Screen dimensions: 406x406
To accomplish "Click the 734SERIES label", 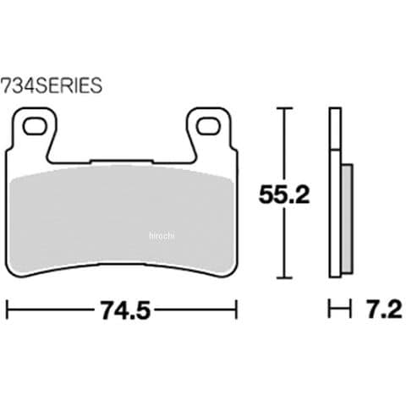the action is pyautogui.click(x=52, y=85).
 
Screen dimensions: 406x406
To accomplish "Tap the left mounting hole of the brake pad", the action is pyautogui.click(x=35, y=126).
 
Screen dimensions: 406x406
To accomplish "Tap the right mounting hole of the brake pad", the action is pyautogui.click(x=208, y=126).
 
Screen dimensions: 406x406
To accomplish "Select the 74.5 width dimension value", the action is pyautogui.click(x=125, y=310).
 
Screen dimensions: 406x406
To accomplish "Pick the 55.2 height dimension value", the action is pyautogui.click(x=284, y=194).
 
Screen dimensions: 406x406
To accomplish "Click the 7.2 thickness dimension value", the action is pyautogui.click(x=384, y=310).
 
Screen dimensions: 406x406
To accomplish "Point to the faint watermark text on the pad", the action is pyautogui.click(x=162, y=236).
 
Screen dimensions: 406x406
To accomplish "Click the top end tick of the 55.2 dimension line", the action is pyautogui.click(x=284, y=108).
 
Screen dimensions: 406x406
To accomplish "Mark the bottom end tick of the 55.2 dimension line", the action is pyautogui.click(x=284, y=277).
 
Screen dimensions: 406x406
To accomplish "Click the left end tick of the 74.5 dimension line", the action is pyautogui.click(x=7, y=310).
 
